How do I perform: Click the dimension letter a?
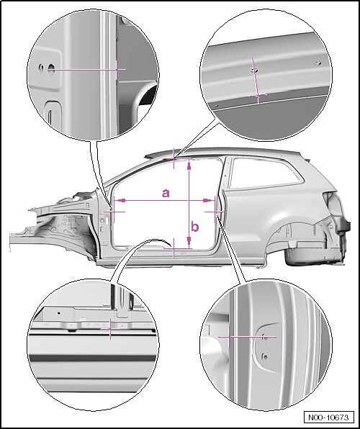pos(166,193)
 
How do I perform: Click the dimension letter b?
pos(194,227)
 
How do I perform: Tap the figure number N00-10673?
pos(328,417)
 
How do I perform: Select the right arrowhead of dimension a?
pos(208,201)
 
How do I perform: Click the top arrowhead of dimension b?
pos(189,165)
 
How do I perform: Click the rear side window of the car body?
pos(266,172)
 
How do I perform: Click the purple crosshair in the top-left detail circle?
pos(117,70)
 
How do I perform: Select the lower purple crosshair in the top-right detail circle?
pos(258,95)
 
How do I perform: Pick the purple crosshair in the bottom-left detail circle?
pos(110,329)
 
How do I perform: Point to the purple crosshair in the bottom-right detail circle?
pos(229,337)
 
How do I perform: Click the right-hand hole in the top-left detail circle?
pos(51,68)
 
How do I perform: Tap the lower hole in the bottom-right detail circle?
pos(265,356)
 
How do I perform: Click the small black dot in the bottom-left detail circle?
pos(58,312)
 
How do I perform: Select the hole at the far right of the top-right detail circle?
pos(318,63)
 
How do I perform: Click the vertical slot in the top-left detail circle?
pos(50,117)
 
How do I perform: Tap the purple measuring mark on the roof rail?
pos(174,158)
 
